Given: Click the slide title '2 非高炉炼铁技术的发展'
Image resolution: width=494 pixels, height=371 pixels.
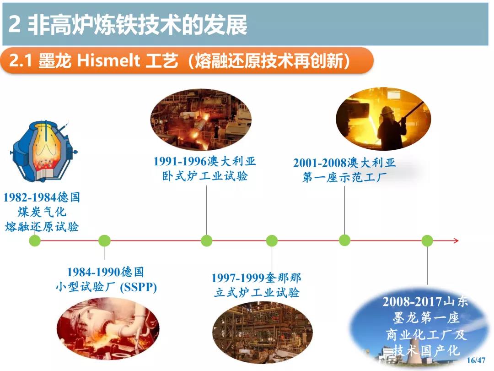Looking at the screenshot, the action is click(x=128, y=25).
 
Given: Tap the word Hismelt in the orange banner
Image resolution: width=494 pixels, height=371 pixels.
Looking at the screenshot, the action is click(x=108, y=60).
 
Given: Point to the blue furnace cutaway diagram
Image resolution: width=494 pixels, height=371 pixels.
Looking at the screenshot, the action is click(x=44, y=151).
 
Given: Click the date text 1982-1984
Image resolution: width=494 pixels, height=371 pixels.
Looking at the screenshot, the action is click(x=30, y=198).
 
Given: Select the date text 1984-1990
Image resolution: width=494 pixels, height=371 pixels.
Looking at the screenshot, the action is click(x=94, y=272).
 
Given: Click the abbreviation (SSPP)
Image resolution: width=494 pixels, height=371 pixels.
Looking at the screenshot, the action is click(x=138, y=287).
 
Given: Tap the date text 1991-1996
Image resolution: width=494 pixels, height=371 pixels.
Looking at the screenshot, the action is click(x=180, y=162).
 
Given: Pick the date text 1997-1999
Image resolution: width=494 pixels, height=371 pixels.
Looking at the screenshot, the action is click(x=238, y=278).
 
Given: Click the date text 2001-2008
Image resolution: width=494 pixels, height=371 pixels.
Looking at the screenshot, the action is click(x=320, y=163).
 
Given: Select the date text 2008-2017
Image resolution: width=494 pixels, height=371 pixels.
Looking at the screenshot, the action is click(x=409, y=301).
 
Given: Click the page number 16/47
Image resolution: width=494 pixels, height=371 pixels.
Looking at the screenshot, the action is click(x=476, y=360).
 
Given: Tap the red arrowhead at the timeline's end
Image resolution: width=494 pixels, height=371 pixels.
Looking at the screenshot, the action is click(x=456, y=241).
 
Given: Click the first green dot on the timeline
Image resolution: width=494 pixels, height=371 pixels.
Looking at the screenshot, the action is click(x=35, y=241).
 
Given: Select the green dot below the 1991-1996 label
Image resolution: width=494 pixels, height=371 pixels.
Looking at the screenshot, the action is click(x=207, y=241).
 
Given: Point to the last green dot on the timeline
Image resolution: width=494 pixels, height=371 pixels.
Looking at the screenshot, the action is click(x=427, y=241).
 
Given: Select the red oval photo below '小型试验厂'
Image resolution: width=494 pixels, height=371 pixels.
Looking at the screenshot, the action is click(x=108, y=329).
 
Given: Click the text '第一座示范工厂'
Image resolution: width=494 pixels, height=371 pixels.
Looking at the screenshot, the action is click(x=344, y=177).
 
